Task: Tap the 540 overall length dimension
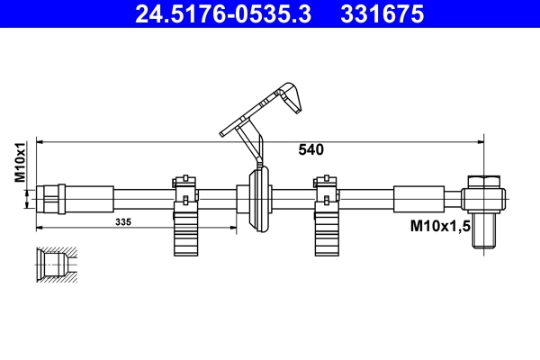(310, 150)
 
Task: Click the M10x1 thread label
(19, 162)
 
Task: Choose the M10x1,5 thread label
(442, 224)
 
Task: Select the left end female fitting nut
(49, 195)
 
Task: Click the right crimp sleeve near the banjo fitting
(418, 196)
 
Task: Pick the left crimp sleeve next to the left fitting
(90, 195)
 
